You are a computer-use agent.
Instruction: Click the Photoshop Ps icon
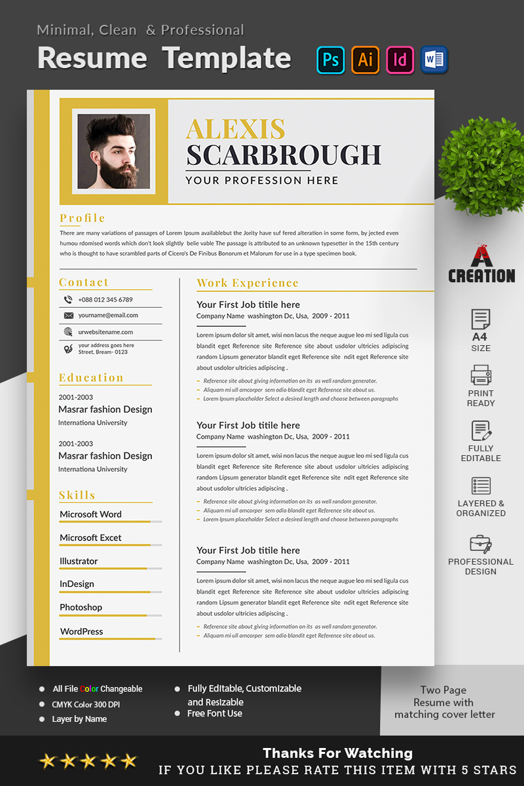[x=331, y=60]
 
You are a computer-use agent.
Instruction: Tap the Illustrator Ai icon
[x=365, y=60]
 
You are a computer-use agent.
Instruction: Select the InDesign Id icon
[x=400, y=60]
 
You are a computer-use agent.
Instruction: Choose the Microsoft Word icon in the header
[x=434, y=60]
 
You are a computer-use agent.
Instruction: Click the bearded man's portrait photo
[x=114, y=151]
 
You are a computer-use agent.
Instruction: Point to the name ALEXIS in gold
[x=235, y=129]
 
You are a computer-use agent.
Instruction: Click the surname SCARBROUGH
[x=284, y=155]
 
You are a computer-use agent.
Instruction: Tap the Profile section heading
[x=83, y=218]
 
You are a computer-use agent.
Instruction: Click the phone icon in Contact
[x=68, y=300]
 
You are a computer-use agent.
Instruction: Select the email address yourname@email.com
[x=108, y=315]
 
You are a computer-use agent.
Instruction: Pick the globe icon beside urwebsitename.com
[x=68, y=332]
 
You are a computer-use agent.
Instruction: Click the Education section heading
[x=91, y=378]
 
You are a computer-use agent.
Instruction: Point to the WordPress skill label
[x=81, y=631]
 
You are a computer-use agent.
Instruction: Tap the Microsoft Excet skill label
[x=90, y=538]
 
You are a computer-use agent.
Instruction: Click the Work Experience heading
[x=248, y=283]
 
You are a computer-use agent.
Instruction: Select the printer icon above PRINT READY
[x=481, y=375]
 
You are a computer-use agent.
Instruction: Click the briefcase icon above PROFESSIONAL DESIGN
[x=481, y=544]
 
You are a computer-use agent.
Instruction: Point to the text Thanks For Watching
[x=337, y=753]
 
